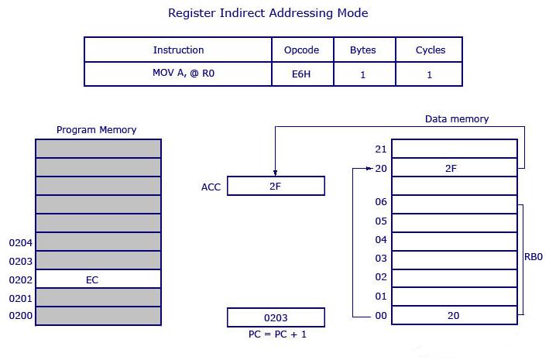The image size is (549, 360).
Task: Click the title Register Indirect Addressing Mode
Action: [x=268, y=13]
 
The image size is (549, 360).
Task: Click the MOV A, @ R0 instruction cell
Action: [x=178, y=74]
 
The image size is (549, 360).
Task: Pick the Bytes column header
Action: [x=362, y=50]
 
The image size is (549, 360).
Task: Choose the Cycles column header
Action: [x=431, y=50]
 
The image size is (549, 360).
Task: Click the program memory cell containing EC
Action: [x=98, y=279]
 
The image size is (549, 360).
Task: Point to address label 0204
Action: [x=19, y=242]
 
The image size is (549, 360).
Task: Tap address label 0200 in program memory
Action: [x=19, y=317]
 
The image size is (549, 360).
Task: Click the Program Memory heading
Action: [x=96, y=130]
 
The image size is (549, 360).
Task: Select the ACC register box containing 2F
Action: [x=276, y=187]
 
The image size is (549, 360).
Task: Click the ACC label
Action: [x=211, y=187]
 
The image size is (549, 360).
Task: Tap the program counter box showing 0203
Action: [x=276, y=317]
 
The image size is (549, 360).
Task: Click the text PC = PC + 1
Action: [x=276, y=334]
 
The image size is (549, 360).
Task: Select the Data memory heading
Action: [x=457, y=119]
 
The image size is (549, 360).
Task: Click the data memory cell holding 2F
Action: [x=454, y=168]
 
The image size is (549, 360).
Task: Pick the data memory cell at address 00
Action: [x=454, y=316]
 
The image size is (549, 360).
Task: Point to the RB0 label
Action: [x=533, y=257]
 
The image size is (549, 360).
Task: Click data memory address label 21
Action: [x=379, y=149]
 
